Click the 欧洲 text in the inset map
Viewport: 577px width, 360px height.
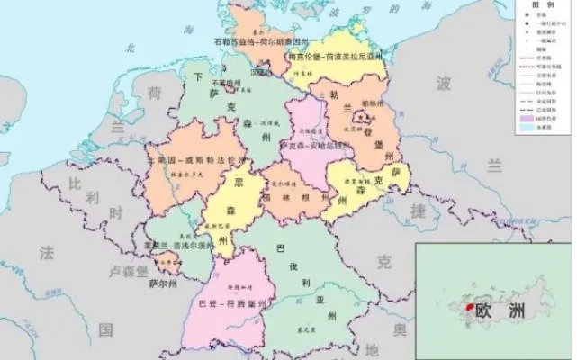(x=500, y=310)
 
